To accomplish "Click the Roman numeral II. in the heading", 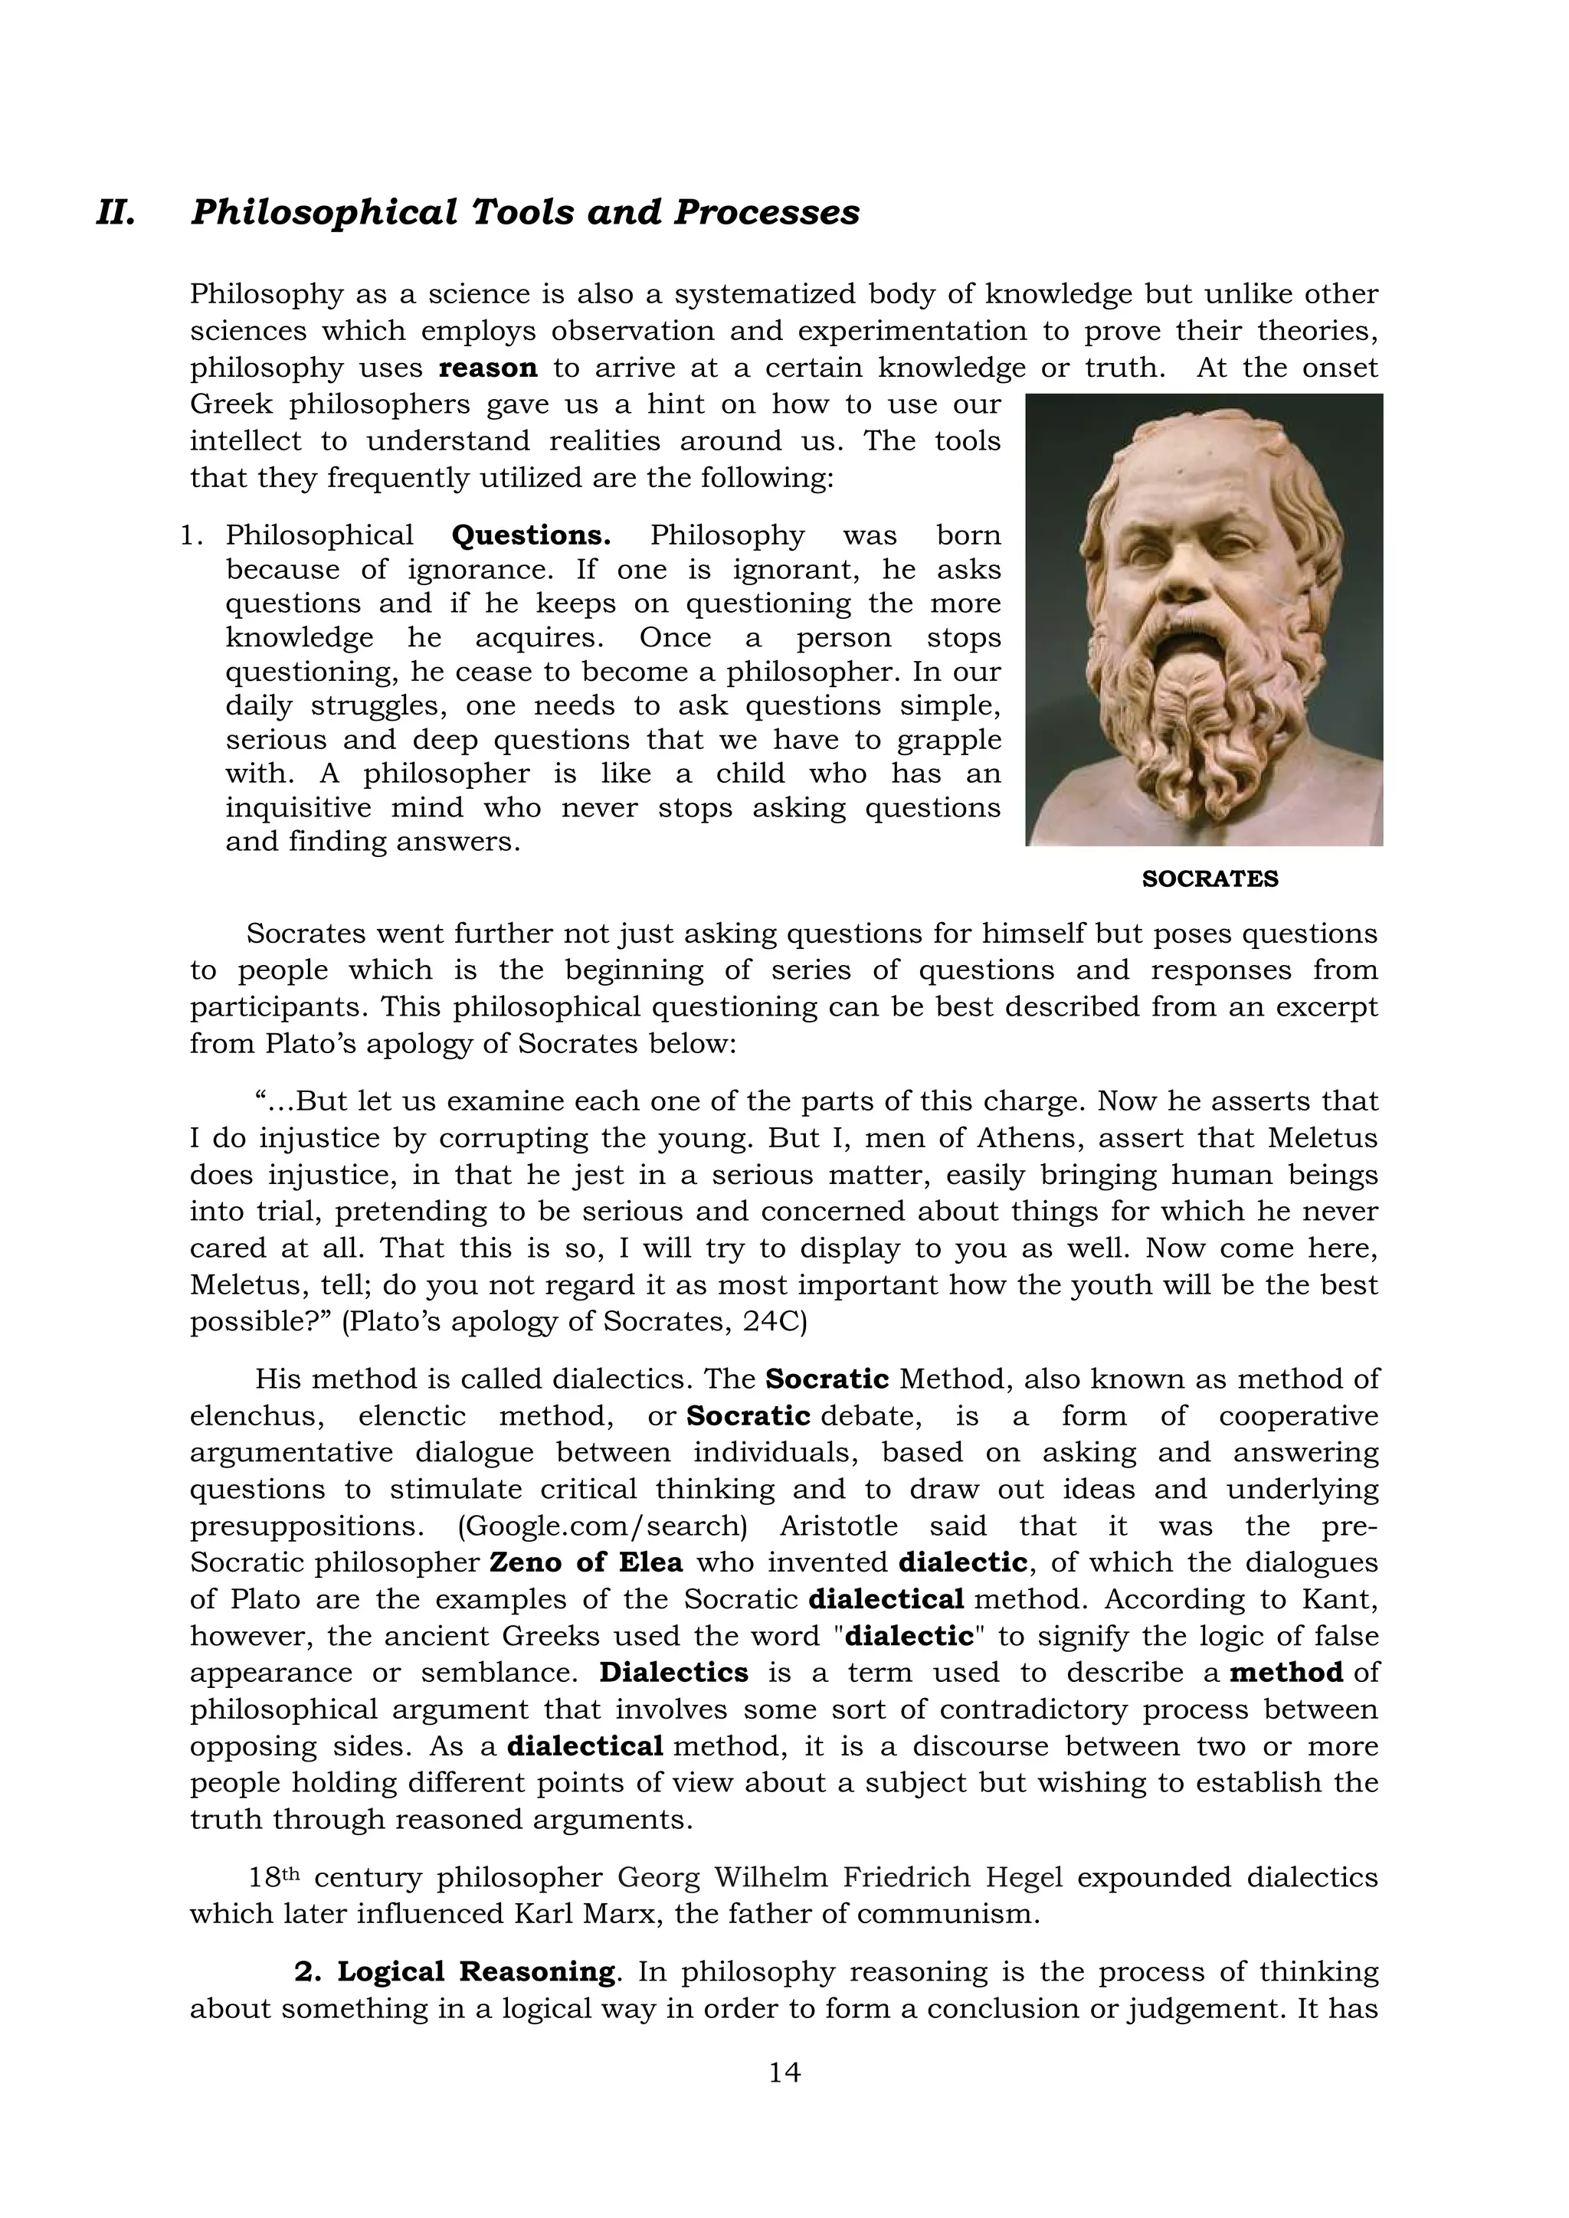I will (115, 212).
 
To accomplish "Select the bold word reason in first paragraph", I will (488, 368).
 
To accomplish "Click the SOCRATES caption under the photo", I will (1210, 879).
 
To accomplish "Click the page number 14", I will (784, 2072).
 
